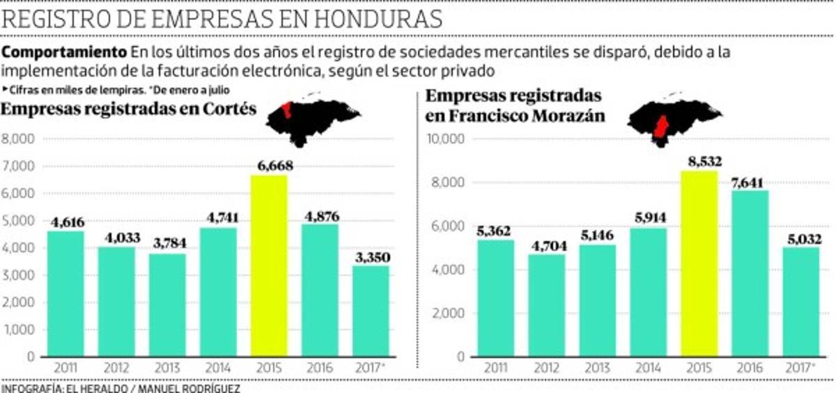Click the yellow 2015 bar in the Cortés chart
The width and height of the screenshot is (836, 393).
tap(268, 265)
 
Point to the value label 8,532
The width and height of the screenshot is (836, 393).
tap(699, 162)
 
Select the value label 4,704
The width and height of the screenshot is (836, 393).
tap(546, 245)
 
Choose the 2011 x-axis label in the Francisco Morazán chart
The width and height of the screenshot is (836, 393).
tap(495, 368)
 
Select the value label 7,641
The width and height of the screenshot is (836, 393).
tap(750, 181)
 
